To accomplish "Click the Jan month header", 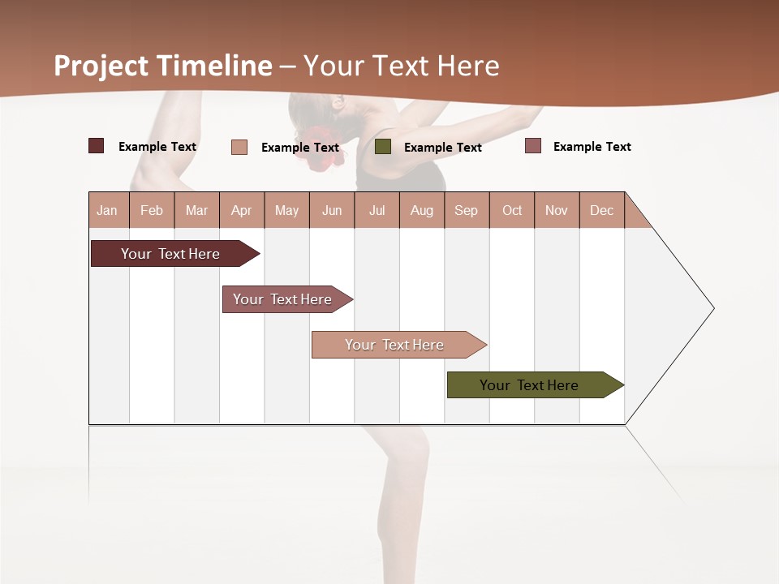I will pyautogui.click(x=107, y=210).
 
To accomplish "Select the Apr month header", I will pyautogui.click(x=241, y=210).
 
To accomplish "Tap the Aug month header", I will pyautogui.click(x=421, y=210).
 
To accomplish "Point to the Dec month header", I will pyautogui.click(x=601, y=210).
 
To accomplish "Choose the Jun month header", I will pyautogui.click(x=331, y=210).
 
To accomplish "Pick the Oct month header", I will pyautogui.click(x=512, y=210).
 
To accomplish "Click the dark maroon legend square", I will pyautogui.click(x=97, y=146).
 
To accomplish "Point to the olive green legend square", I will pyautogui.click(x=383, y=147).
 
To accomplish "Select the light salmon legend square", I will pyautogui.click(x=239, y=147).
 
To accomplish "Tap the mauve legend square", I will pyautogui.click(x=533, y=146).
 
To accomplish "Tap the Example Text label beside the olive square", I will pyautogui.click(x=442, y=148).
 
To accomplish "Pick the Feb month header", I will pyautogui.click(x=152, y=210).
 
